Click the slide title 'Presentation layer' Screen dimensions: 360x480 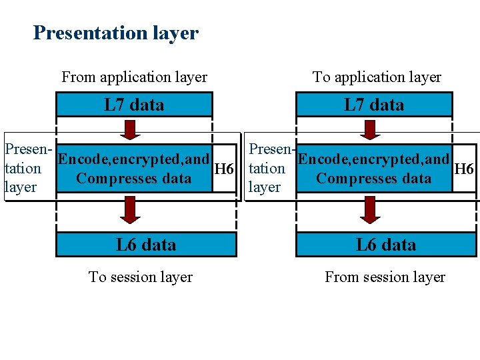tap(115, 33)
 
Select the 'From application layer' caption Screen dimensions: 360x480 tap(134, 77)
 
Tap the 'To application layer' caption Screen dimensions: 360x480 tap(377, 77)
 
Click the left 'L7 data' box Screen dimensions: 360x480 tap(134, 105)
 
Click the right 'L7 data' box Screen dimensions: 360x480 tap(374, 105)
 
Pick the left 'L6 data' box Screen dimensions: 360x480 tap(146, 245)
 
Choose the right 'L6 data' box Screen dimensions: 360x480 tap(386, 245)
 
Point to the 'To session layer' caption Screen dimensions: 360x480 tap(141, 277)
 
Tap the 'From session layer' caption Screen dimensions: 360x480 tap(385, 277)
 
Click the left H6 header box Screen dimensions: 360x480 tap(224, 169)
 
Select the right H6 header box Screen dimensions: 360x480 tap(463, 169)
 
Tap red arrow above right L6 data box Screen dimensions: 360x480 tap(369, 211)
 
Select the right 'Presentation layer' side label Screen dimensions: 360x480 tap(268, 169)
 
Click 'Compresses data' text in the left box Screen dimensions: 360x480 tap(133, 179)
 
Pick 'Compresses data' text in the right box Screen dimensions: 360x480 tap(373, 179)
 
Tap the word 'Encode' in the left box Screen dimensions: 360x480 tap(81, 160)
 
